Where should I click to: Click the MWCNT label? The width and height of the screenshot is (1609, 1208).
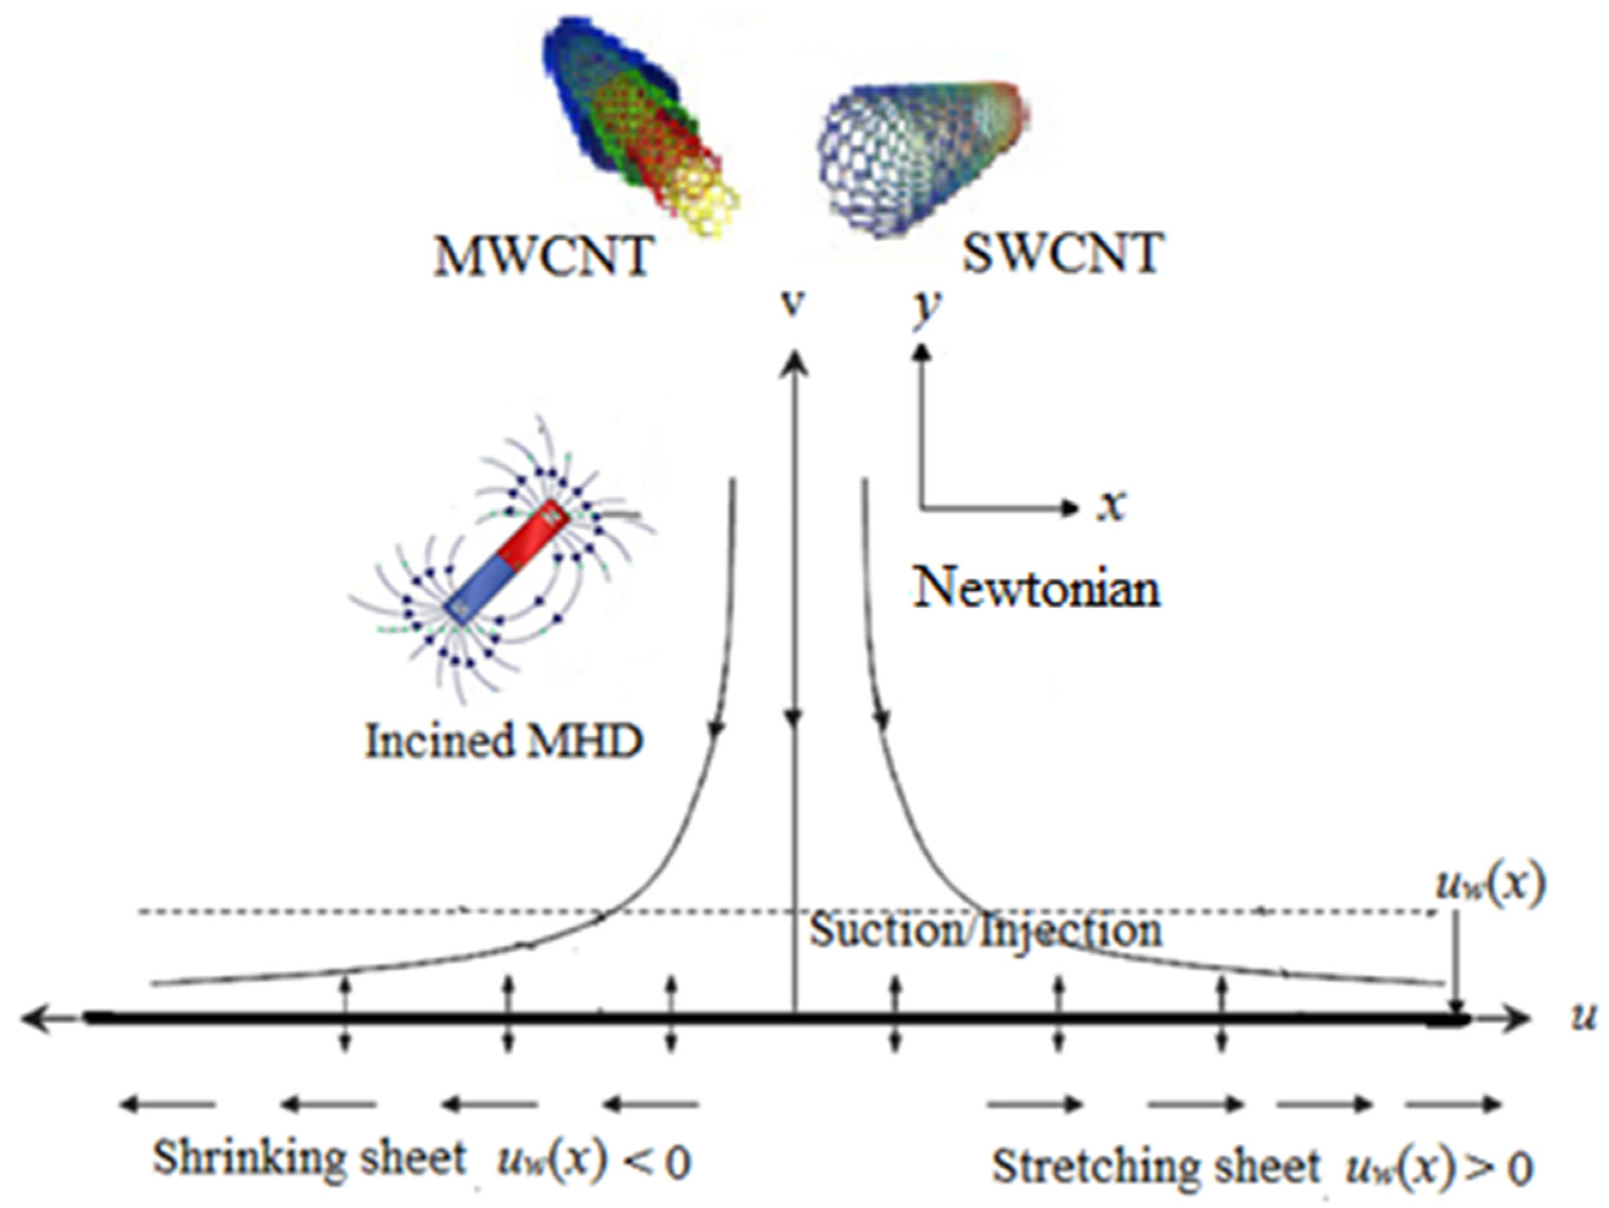[x=542, y=256]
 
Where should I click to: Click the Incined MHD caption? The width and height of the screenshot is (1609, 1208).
[x=504, y=741]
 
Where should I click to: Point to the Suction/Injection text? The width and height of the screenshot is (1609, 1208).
[x=986, y=930]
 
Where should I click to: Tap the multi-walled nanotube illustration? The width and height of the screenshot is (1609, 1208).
[x=633, y=123]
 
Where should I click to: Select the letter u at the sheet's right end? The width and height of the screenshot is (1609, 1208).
[x=1583, y=1018]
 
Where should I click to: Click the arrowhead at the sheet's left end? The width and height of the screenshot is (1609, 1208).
[x=33, y=1017]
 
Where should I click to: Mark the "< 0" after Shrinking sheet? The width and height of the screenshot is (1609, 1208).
[x=658, y=1163]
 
